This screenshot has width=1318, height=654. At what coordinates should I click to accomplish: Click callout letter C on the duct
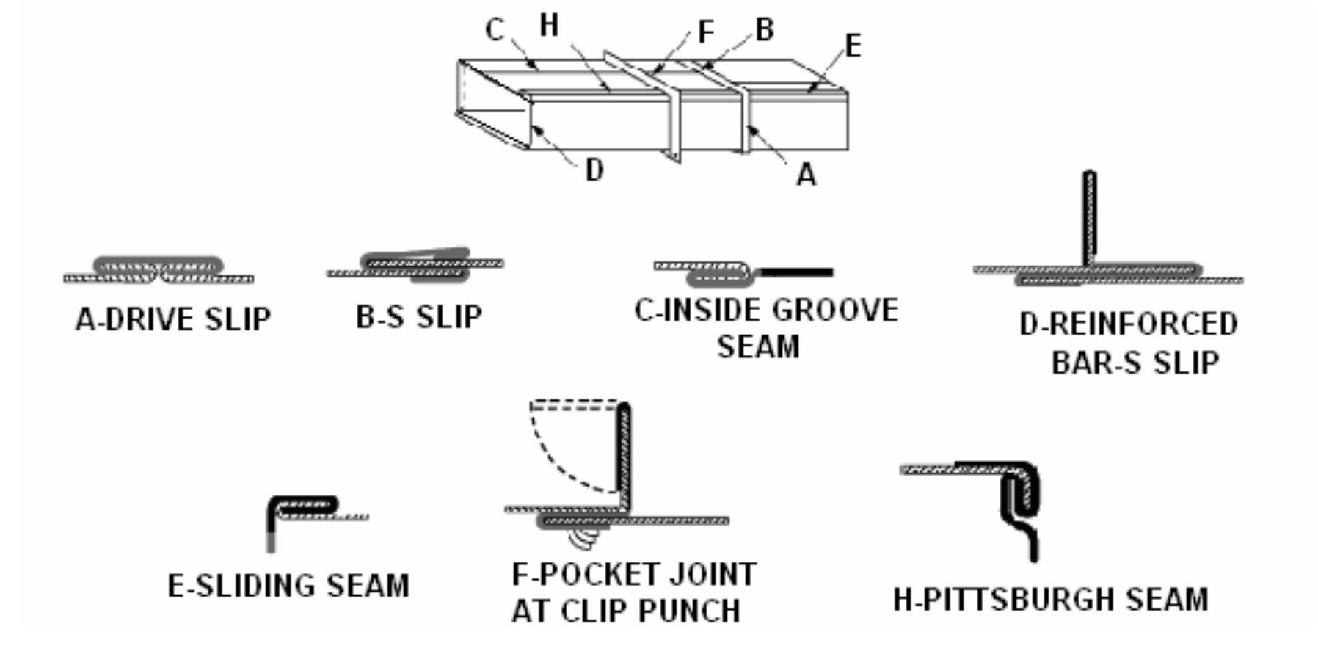[x=495, y=30]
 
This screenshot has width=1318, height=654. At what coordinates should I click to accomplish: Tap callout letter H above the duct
[x=549, y=26]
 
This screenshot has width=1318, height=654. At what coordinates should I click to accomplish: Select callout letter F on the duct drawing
[x=705, y=32]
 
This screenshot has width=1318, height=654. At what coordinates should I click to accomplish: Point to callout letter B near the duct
[x=764, y=30]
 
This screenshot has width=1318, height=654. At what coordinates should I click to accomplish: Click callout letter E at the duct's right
[x=852, y=46]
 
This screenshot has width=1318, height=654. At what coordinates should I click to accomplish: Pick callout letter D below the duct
[x=594, y=170]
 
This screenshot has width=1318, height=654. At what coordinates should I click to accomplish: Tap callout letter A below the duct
[x=806, y=175]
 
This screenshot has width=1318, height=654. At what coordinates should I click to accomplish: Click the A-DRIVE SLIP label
[x=173, y=319]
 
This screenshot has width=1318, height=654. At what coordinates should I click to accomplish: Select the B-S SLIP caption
[x=419, y=317]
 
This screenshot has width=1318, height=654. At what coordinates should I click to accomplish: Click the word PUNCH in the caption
[x=689, y=611]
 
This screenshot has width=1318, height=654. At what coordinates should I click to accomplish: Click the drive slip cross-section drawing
[x=159, y=272]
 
